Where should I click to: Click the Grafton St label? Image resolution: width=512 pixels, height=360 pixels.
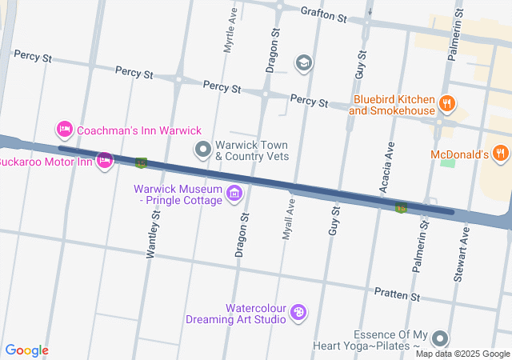[324, 14]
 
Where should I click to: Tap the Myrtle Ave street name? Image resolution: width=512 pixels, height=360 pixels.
[230, 32]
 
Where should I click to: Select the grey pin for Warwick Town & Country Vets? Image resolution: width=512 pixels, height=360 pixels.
[203, 150]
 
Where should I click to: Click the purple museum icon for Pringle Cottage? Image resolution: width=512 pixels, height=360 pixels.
[234, 193]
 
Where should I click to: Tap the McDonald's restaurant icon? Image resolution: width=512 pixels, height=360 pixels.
[500, 152]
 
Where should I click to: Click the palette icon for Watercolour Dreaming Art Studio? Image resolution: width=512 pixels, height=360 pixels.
[298, 313]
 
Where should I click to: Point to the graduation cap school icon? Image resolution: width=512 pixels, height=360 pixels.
[303, 62]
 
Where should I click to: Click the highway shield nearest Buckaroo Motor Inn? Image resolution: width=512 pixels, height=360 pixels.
[141, 163]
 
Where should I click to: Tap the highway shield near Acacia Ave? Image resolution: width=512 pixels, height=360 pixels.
[401, 208]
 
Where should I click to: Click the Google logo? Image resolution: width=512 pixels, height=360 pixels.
[26, 350]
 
